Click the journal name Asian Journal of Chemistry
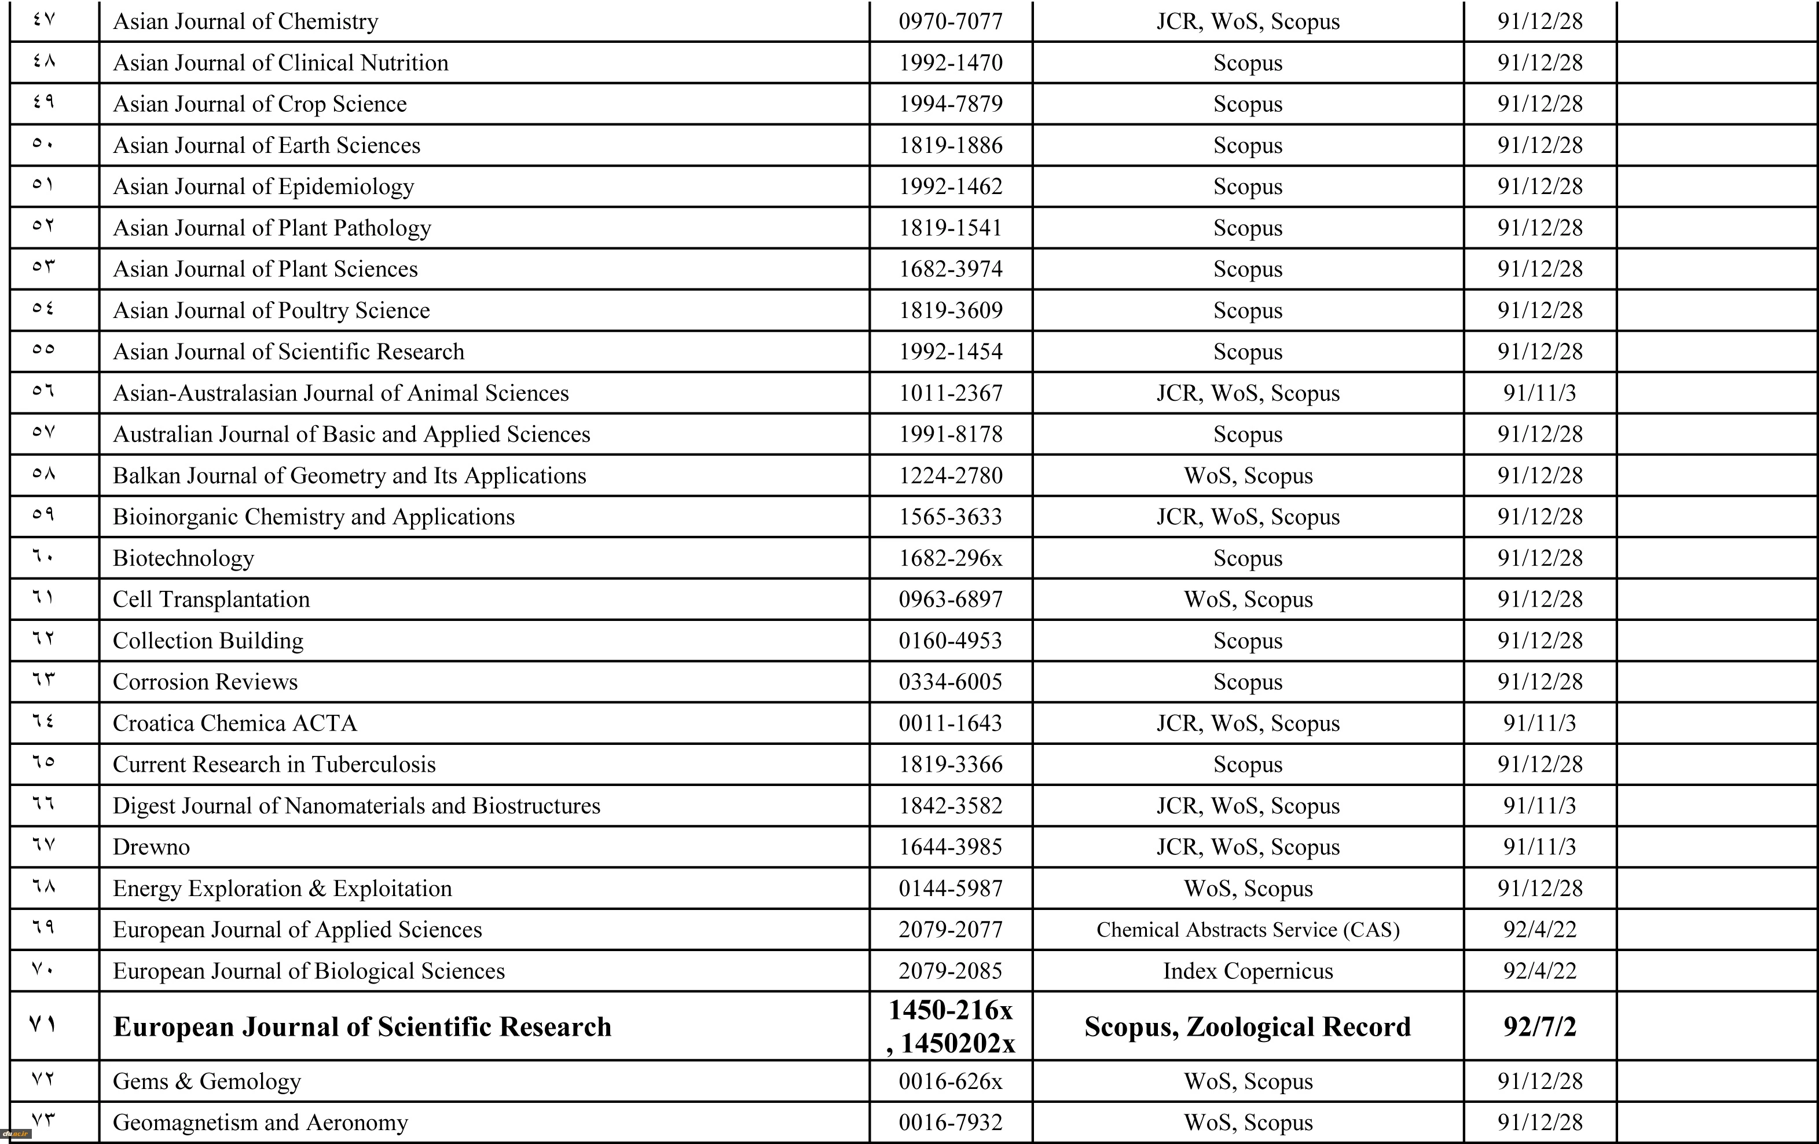[x=245, y=21]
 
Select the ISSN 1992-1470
[x=950, y=63]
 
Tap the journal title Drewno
[x=151, y=847]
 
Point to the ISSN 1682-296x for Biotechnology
[x=950, y=558]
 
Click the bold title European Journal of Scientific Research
[x=362, y=1027]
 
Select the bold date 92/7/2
[x=1539, y=1027]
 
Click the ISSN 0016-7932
[x=950, y=1123]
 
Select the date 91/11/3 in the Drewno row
[x=1539, y=847]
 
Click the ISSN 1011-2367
[x=950, y=393]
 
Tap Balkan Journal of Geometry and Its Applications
[x=349, y=476]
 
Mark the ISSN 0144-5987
[x=950, y=889]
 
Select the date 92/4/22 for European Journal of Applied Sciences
[x=1539, y=930]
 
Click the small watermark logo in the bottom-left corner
[x=15, y=1134]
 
